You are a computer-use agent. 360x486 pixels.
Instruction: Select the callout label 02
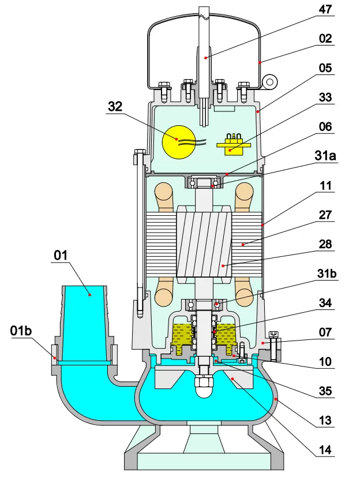pyautogui.click(x=326, y=39)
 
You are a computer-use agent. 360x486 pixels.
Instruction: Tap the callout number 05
pyautogui.click(x=326, y=68)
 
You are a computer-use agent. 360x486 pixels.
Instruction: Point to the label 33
pyautogui.click(x=326, y=98)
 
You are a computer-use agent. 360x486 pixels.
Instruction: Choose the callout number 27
pyautogui.click(x=326, y=215)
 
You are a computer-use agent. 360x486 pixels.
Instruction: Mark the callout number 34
pyautogui.click(x=326, y=302)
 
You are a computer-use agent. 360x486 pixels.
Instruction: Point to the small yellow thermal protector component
pyautogui.click(x=233, y=144)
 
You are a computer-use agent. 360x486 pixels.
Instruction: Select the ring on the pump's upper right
pyautogui.click(x=269, y=82)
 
